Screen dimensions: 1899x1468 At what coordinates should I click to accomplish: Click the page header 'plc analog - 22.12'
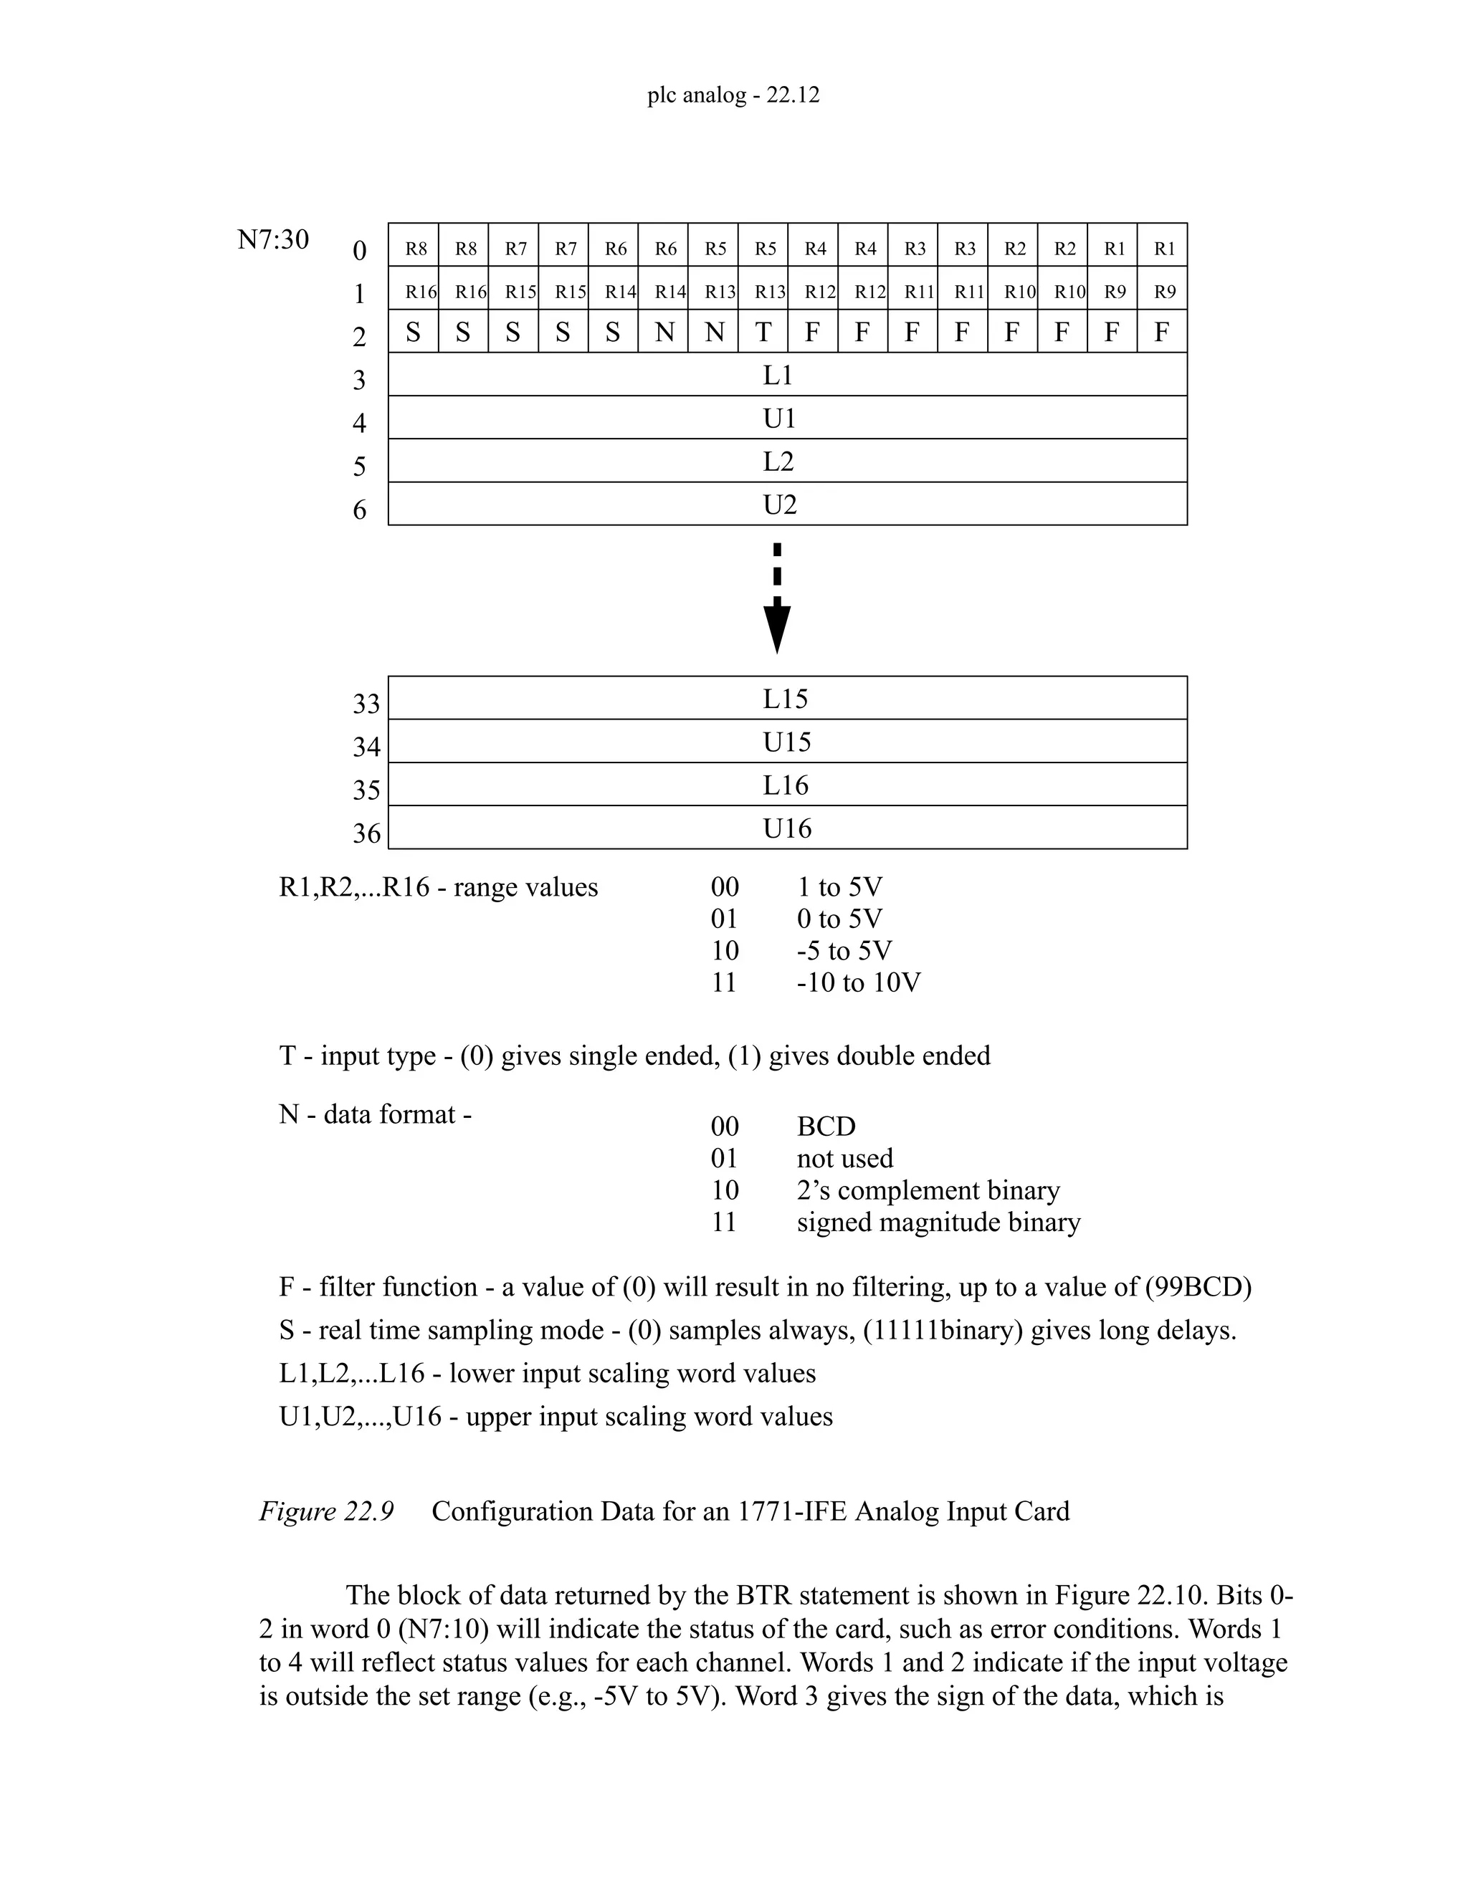pyautogui.click(x=733, y=95)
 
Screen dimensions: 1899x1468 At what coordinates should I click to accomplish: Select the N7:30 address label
pyautogui.click(x=273, y=239)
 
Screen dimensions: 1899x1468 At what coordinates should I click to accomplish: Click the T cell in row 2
pyautogui.click(x=763, y=333)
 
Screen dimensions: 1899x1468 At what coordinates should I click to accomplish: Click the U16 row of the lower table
pyautogui.click(x=787, y=828)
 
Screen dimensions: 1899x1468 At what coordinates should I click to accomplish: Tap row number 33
pyautogui.click(x=366, y=704)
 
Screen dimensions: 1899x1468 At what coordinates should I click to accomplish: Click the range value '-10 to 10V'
pyautogui.click(x=858, y=982)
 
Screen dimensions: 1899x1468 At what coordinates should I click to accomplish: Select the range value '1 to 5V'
pyautogui.click(x=839, y=887)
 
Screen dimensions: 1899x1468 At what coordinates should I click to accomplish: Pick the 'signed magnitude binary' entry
pyautogui.click(x=938, y=1222)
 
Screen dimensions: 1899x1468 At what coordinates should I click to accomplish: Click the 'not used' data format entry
pyautogui.click(x=844, y=1158)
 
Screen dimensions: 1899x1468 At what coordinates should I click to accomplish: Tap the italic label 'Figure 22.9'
pyautogui.click(x=326, y=1511)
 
